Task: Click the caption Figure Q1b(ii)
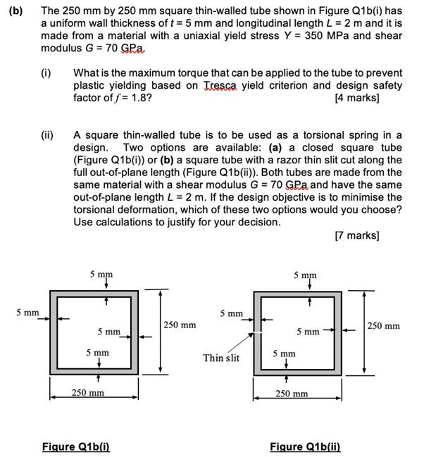click(306, 446)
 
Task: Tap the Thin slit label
click(222, 358)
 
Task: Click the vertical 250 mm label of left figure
click(180, 325)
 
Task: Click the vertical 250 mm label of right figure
click(384, 325)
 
